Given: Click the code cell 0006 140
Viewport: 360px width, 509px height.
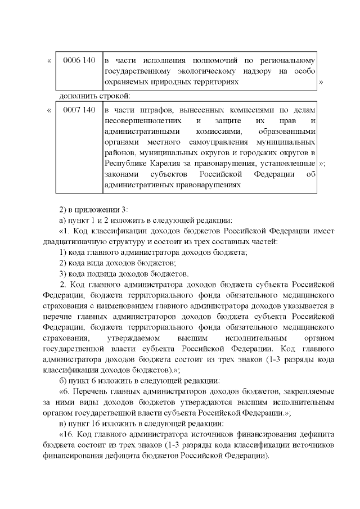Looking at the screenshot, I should (79, 60).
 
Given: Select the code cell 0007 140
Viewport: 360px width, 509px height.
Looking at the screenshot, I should (79, 109).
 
